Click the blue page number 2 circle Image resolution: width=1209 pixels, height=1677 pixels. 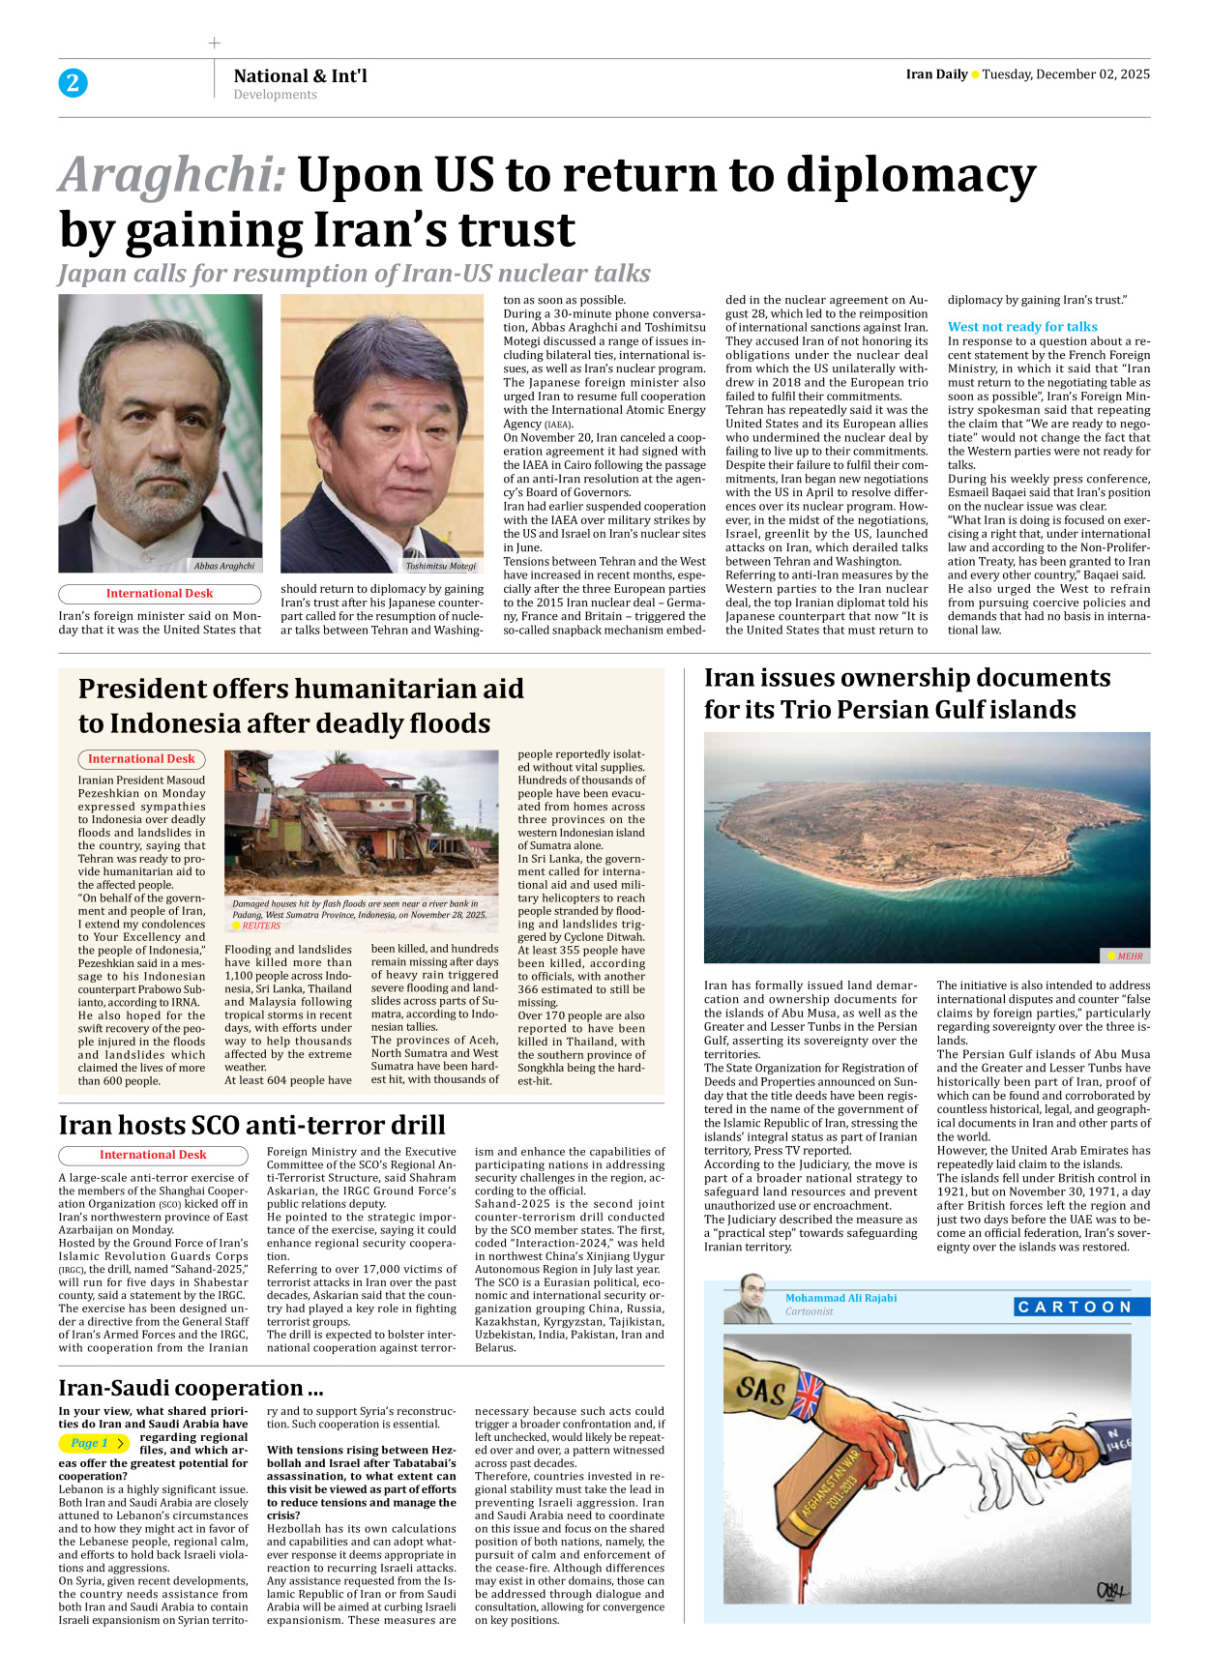73,83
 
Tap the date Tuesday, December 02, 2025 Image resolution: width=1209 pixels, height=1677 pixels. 1066,74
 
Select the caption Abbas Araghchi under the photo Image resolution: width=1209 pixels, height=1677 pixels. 224,566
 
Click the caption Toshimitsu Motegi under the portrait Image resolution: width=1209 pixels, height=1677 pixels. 441,566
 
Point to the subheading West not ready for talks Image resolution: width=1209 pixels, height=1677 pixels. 1022,327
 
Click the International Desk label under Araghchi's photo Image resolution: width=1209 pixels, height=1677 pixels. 160,594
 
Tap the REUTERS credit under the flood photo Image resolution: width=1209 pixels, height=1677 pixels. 261,926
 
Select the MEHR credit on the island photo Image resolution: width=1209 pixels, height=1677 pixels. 1129,956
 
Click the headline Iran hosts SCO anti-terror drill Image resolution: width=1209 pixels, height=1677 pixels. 251,1125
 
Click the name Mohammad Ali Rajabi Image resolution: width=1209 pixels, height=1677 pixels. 840,1298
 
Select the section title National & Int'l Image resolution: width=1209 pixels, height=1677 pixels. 300,75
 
